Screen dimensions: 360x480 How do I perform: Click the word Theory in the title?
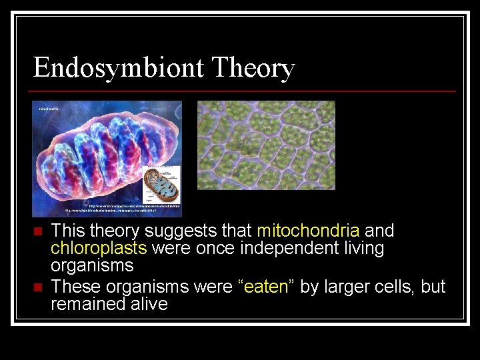[253, 68]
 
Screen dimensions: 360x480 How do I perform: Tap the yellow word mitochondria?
[308, 231]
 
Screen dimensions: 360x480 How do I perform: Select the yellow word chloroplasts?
[99, 249]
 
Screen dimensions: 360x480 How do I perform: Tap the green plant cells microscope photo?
[266, 145]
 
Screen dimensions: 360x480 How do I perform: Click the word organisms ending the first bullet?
[92, 265]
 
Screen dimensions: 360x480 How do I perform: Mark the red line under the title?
[244, 91]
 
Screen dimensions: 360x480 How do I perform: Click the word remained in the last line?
[83, 305]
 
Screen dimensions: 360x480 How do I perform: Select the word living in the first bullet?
[361, 249]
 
